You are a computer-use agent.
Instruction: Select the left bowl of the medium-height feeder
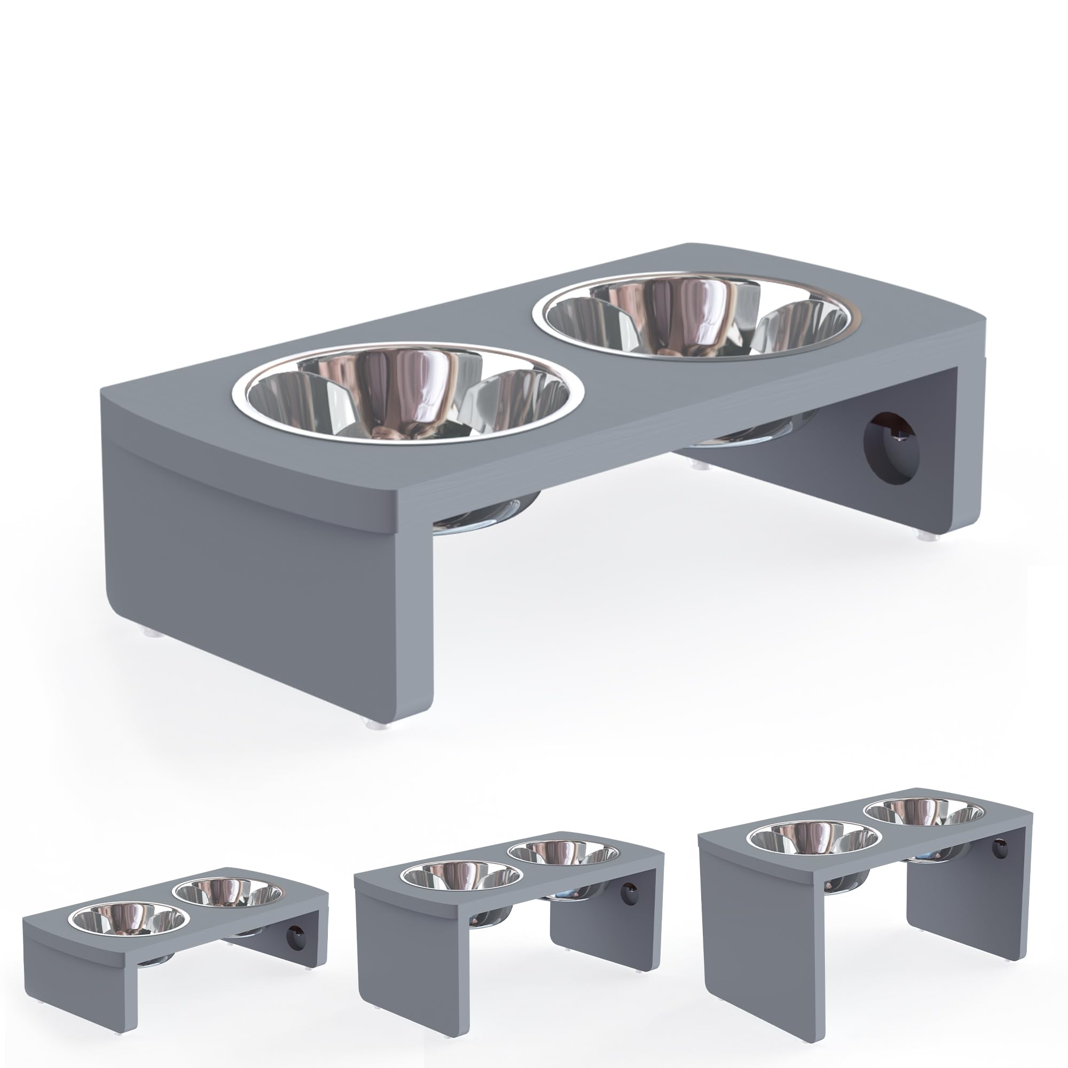[461, 875]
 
